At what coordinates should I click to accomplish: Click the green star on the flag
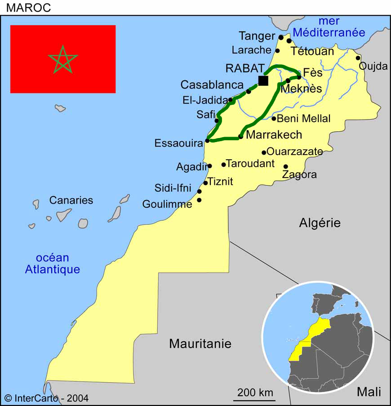[x=63, y=59]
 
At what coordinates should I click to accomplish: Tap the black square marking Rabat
[x=263, y=80]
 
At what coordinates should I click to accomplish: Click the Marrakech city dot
[x=241, y=136]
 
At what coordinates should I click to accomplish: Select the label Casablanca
[x=212, y=85]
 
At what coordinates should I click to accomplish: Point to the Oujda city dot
[x=358, y=58]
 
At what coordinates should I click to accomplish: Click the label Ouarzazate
[x=294, y=152]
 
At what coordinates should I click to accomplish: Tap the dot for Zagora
[x=285, y=167]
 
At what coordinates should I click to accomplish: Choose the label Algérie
[x=320, y=223]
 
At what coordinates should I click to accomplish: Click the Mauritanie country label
[x=200, y=344]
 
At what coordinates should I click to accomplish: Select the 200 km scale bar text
[x=255, y=392]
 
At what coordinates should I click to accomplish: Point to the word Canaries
[x=71, y=201]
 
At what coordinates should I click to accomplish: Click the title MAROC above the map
[x=28, y=8]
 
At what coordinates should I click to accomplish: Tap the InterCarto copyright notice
[x=46, y=398]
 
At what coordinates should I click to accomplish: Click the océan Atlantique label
[x=53, y=264]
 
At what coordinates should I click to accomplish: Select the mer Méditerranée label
[x=329, y=27]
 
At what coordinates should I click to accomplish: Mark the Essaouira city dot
[x=207, y=141]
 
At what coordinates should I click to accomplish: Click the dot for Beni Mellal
[x=274, y=119]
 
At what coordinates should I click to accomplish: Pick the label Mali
[x=369, y=392]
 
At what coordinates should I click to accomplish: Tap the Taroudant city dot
[x=223, y=165]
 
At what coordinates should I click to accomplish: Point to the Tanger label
[x=257, y=36]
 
